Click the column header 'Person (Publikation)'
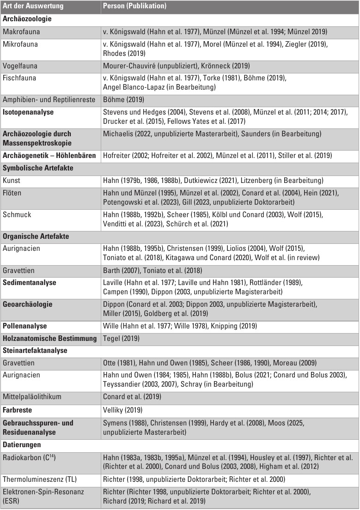[134, 7]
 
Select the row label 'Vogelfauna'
[19, 66]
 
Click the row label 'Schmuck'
[16, 215]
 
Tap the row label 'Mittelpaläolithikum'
[32, 397]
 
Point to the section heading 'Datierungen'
[22, 445]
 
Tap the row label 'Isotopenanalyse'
[28, 112]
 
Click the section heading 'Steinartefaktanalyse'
[35, 350]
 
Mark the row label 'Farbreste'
[18, 409]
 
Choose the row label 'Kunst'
[12, 180]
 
